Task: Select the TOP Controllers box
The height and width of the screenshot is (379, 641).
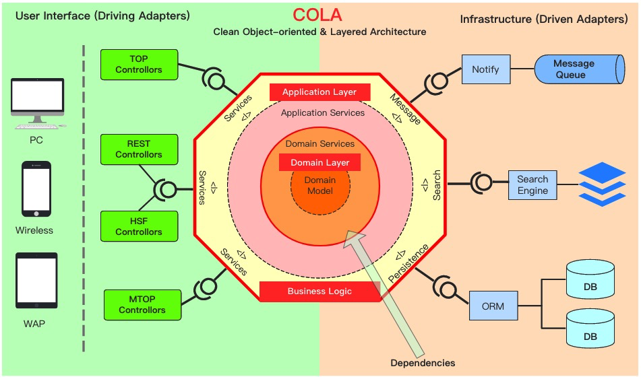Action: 139,64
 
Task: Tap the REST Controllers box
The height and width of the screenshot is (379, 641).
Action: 139,149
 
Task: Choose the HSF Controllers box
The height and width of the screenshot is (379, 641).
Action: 139,226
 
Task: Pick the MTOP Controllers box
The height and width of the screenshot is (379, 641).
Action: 142,305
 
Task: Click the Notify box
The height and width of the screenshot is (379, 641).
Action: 485,69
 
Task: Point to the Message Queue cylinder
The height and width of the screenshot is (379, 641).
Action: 578,69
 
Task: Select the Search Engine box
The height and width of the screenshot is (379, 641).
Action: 532,185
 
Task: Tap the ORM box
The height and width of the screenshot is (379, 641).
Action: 493,306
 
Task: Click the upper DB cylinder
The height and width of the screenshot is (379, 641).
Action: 590,281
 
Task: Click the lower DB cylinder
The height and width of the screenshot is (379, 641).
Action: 590,328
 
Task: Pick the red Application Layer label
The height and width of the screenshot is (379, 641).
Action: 319,92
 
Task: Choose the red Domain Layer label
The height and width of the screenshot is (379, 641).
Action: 319,163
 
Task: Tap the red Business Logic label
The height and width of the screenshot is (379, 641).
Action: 319,291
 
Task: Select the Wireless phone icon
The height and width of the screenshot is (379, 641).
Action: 36,189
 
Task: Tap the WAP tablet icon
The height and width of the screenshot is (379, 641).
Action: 36,281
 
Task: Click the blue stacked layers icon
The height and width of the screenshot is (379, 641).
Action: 602,184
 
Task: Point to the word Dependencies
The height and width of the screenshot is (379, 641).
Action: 423,363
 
